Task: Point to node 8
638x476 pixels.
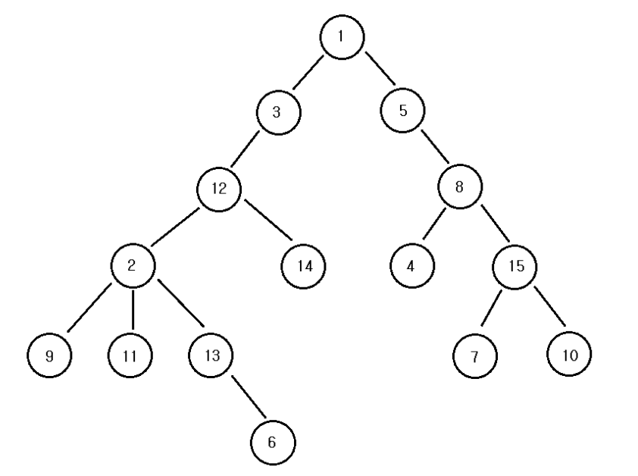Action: pos(459,187)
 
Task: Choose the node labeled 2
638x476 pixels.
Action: pos(133,265)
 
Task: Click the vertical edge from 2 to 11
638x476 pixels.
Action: pos(133,309)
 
